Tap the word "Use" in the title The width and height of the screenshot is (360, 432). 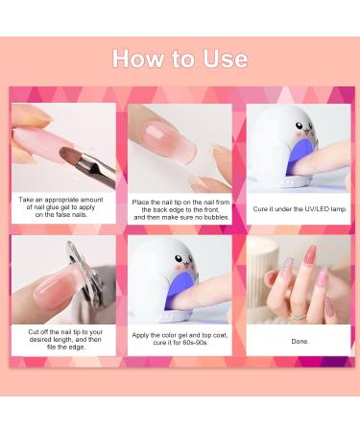pos(224,59)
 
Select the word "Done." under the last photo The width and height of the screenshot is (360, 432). pos(299,341)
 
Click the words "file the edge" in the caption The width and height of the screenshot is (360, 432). pos(74,348)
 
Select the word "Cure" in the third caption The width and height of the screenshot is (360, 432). pos(262,207)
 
